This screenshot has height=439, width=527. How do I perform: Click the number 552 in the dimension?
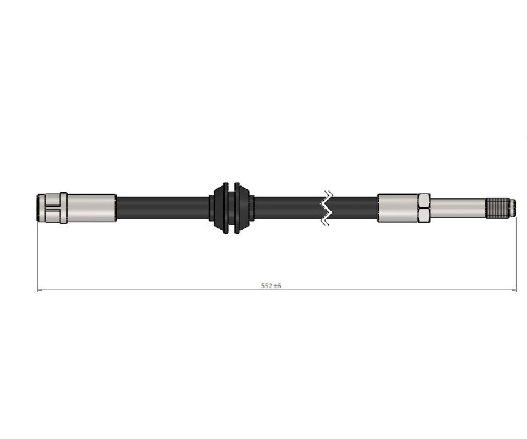pyautogui.click(x=267, y=286)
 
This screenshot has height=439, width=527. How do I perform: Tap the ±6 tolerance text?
pyautogui.click(x=277, y=286)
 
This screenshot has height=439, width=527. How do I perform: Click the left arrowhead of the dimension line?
pyautogui.click(x=40, y=290)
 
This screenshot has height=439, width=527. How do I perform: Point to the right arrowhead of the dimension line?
pyautogui.click(x=513, y=290)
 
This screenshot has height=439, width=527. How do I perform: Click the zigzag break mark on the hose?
pyautogui.click(x=326, y=208)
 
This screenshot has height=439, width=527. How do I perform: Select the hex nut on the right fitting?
pyautogui.click(x=424, y=208)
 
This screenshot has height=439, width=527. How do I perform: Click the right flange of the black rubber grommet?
pyautogui.click(x=244, y=208)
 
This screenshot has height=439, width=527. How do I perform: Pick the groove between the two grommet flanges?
pyautogui.click(x=231, y=208)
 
